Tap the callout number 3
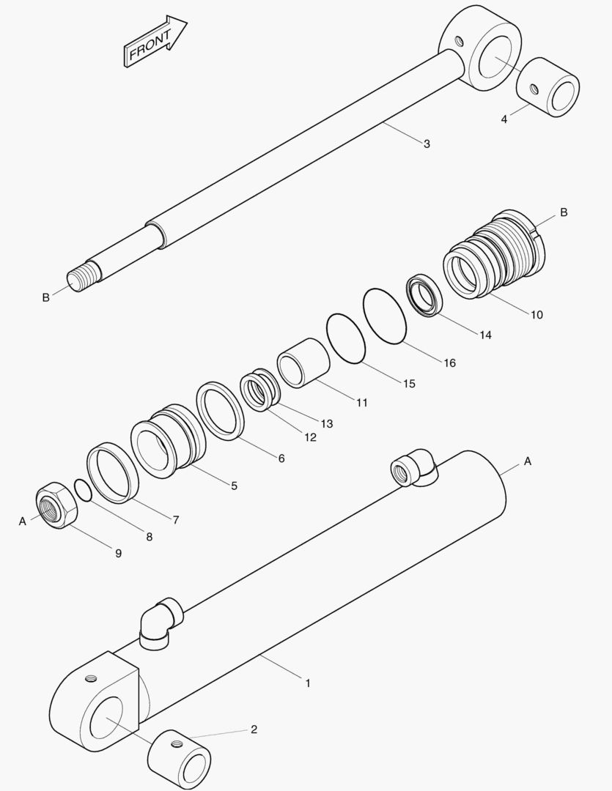click(x=427, y=144)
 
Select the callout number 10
click(x=537, y=315)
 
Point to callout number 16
click(x=450, y=363)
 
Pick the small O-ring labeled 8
click(x=84, y=491)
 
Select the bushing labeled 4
click(x=548, y=87)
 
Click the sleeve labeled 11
click(x=303, y=363)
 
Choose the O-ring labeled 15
click(x=346, y=338)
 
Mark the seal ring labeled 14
click(x=424, y=296)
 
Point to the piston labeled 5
click(x=169, y=442)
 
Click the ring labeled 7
click(x=113, y=472)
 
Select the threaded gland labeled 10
click(x=495, y=254)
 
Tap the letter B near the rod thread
click(x=46, y=297)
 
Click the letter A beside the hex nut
click(x=22, y=521)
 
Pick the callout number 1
click(x=308, y=683)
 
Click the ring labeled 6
click(x=220, y=411)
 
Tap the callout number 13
click(x=327, y=424)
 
